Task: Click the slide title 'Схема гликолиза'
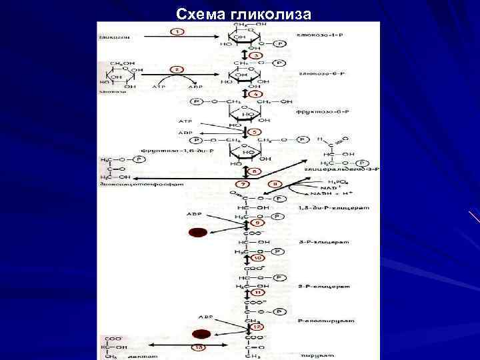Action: pos(241,14)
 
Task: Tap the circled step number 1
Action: pos(178,31)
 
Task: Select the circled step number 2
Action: pos(177,69)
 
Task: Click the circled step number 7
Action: pos(244,183)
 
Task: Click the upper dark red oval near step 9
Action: pos(197,233)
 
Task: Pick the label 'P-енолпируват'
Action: pos(317,321)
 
